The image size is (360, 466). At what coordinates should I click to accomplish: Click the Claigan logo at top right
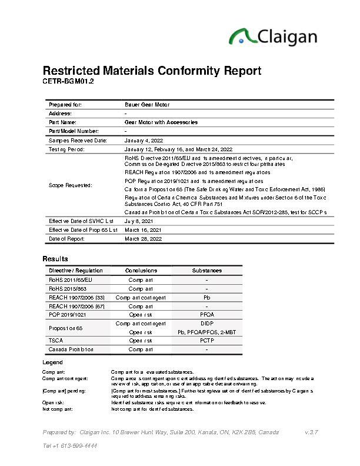pos(273,36)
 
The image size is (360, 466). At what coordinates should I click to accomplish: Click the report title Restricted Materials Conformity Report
pos(152,71)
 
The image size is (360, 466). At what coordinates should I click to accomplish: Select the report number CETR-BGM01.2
pos(68,81)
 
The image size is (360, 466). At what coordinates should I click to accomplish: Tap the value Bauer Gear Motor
pos(147,104)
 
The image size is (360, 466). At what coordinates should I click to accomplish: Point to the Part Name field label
pos(61,122)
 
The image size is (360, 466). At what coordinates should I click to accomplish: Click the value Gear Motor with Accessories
pos(161,122)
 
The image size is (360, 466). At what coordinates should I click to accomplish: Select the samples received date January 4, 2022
pos(145,140)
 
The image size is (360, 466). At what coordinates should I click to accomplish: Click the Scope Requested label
pos(71,185)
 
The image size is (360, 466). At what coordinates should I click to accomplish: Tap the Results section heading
pos(55,259)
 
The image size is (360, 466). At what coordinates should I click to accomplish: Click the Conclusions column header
pos(141,270)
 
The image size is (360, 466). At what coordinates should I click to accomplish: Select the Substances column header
pos(207,270)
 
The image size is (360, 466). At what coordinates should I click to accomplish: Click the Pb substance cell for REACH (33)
pos(207,298)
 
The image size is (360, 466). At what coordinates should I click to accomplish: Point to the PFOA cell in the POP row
pos(207,315)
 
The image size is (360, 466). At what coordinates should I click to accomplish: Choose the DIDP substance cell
pos(207,324)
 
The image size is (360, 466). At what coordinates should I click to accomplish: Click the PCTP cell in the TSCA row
pos(207,341)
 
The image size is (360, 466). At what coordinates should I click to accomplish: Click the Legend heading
pos(53,362)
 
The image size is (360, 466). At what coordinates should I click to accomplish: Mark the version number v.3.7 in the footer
pos(311,432)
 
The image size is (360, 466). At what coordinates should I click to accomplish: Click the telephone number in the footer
pos(70,445)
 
